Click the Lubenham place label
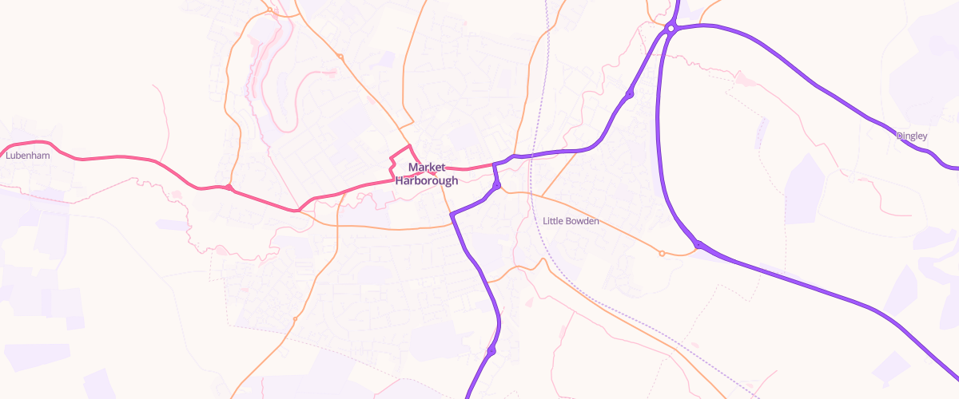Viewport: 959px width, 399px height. [x=27, y=156]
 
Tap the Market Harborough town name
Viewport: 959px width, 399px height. [x=426, y=174]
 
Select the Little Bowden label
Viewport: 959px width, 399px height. [x=570, y=221]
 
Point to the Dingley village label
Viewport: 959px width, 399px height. [x=912, y=136]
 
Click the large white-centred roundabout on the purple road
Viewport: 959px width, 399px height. [x=671, y=29]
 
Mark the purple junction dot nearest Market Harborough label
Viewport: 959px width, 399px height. [x=496, y=185]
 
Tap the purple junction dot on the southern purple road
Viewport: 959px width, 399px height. [x=491, y=351]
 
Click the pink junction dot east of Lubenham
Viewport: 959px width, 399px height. [x=229, y=188]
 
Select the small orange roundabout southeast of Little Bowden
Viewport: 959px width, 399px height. [x=662, y=254]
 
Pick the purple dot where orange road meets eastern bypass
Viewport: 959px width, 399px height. [x=698, y=244]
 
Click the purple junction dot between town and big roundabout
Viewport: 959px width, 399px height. [x=630, y=95]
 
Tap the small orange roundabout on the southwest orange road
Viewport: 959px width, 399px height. [x=295, y=319]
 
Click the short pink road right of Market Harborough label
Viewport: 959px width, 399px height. [x=468, y=168]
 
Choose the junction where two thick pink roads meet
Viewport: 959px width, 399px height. [x=298, y=210]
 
